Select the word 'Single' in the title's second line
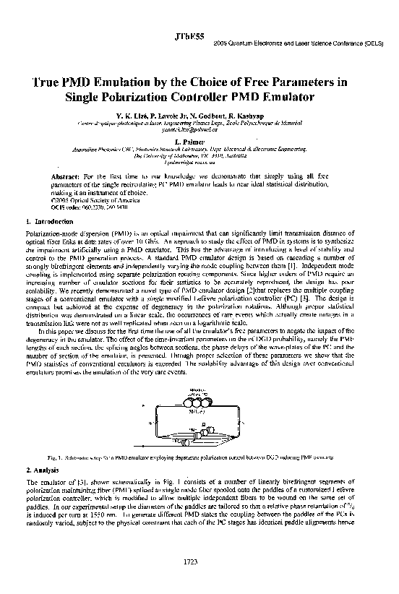(x=106, y=96)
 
